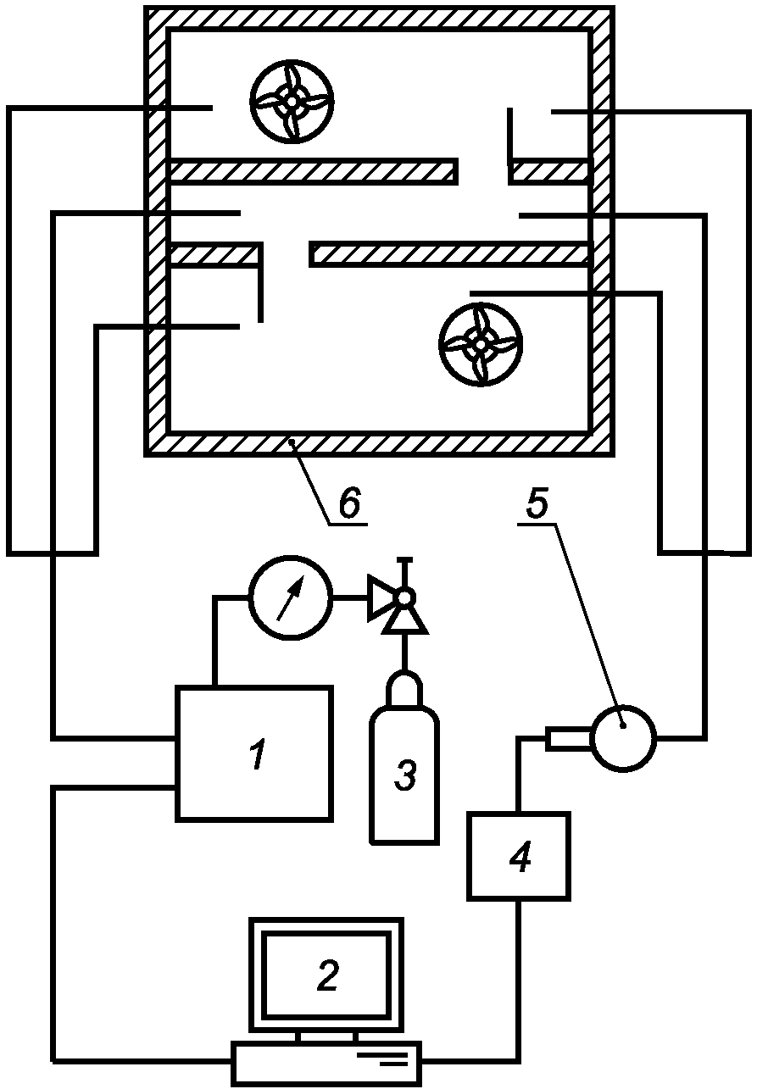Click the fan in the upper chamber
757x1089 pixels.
[292, 101]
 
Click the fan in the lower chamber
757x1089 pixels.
[481, 344]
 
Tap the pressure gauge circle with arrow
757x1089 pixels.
[290, 598]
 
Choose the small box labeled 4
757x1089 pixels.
[519, 856]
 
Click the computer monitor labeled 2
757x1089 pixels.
[326, 975]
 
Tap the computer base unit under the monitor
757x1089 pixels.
[326, 1063]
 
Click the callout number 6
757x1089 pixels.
[349, 503]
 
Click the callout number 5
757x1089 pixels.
[536, 503]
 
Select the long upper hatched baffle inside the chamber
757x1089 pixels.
[314, 171]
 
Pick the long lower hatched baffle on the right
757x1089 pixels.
[449, 253]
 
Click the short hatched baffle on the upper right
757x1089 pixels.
[549, 171]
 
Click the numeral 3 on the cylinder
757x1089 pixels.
[405, 775]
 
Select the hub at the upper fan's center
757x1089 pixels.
[292, 101]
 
